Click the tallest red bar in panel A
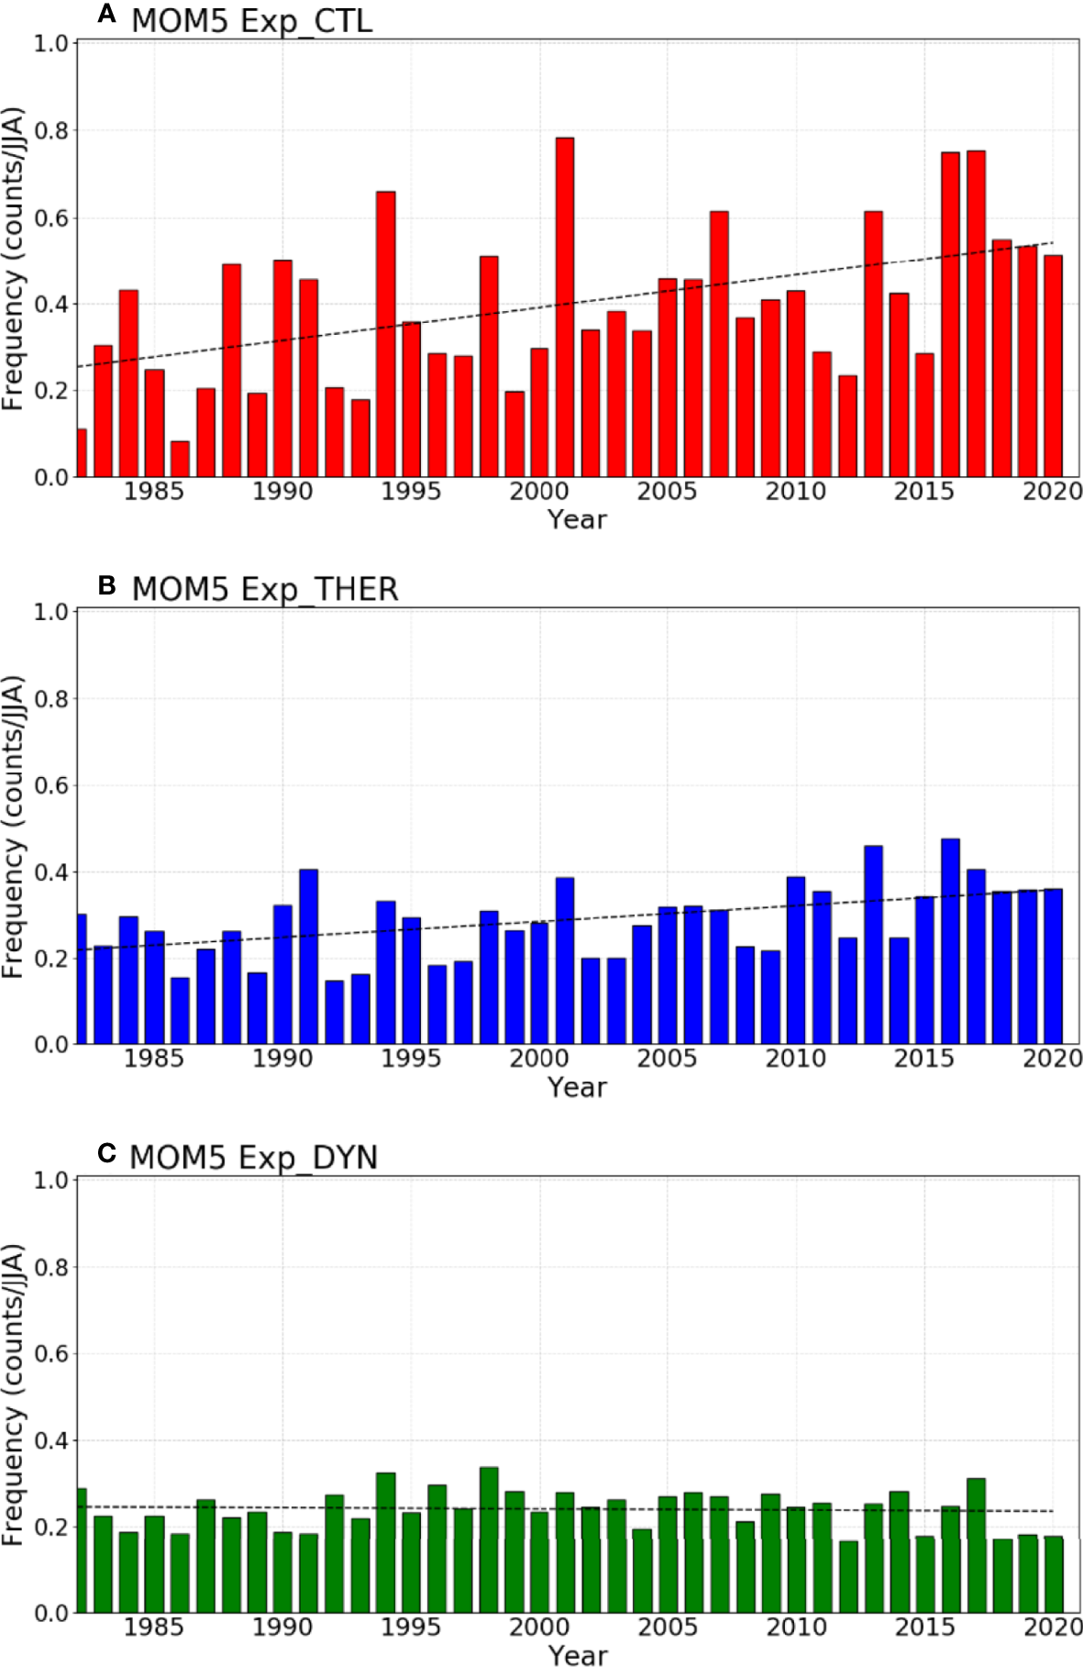565,307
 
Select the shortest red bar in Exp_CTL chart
180,459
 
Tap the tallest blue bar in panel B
950,941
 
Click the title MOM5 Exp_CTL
251,20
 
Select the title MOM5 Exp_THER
265,589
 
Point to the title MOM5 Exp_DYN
254,1158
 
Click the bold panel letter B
106,584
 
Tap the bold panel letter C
106,1153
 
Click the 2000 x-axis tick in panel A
539,492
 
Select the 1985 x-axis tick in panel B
154,1059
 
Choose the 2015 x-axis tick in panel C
924,1627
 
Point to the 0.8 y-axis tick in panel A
51,130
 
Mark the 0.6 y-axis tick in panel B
51,785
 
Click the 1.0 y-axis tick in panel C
51,1180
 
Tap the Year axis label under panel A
577,519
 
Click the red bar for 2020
1053,367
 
